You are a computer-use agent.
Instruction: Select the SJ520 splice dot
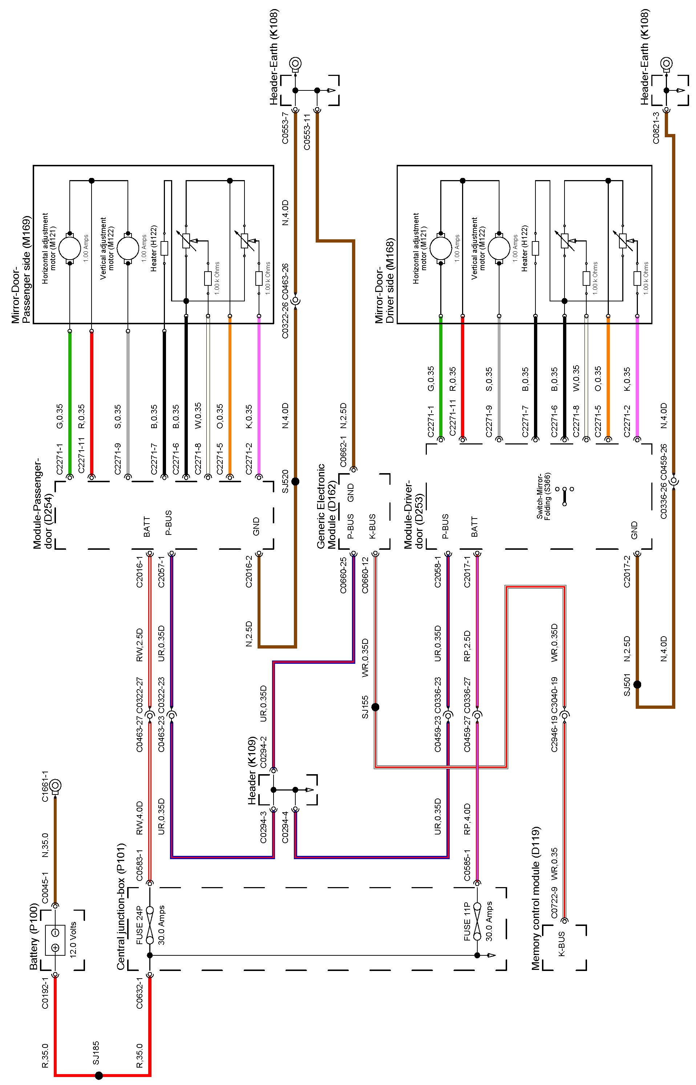click(295, 481)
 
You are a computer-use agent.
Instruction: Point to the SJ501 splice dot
click(637, 684)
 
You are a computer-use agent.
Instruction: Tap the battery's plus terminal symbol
click(55, 948)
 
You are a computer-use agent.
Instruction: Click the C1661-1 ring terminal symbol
click(57, 785)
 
